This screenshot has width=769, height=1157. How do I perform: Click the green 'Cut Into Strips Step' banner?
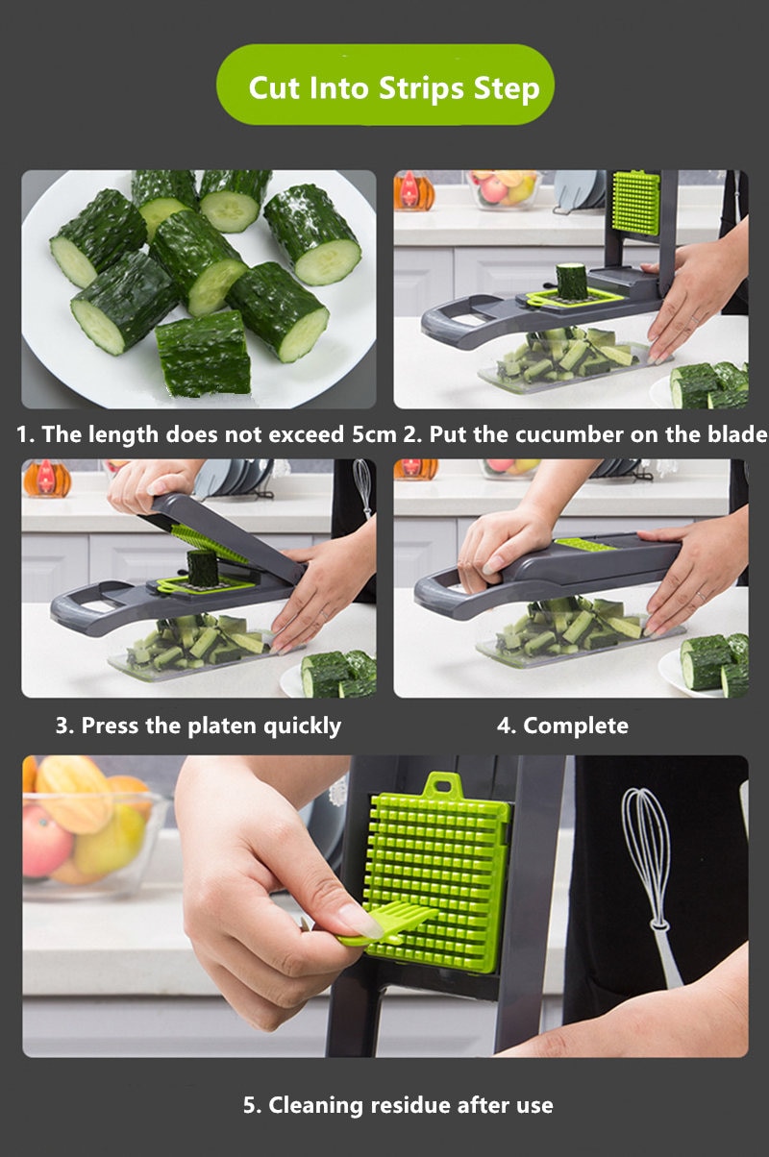384,86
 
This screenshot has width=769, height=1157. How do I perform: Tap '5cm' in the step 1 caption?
374,434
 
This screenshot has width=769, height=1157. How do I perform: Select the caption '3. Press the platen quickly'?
197,726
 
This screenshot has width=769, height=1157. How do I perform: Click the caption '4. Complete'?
562,726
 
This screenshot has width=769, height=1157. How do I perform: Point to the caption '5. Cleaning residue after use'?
398,1105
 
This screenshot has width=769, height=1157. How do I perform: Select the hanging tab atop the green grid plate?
441,785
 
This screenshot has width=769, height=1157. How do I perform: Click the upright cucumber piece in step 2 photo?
571,281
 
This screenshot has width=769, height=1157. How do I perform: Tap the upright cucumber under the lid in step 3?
202,567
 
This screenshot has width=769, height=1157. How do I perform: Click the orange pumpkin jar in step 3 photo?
46,478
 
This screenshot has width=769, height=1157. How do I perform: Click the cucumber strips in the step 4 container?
567,629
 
